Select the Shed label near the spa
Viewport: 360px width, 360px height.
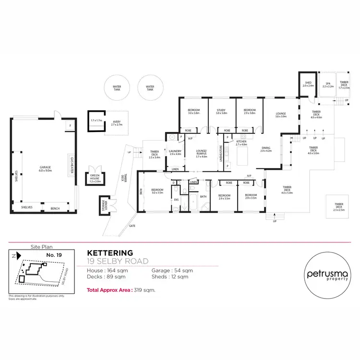(308, 84)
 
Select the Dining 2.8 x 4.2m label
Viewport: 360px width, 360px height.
(266, 149)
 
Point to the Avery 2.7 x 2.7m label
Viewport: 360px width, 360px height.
(117, 123)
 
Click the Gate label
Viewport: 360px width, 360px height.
(132, 225)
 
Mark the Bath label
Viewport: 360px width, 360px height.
(203, 196)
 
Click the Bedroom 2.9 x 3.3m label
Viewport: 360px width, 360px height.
(251, 196)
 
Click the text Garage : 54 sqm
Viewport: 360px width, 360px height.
(172, 271)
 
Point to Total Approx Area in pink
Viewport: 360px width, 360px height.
(109, 290)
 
